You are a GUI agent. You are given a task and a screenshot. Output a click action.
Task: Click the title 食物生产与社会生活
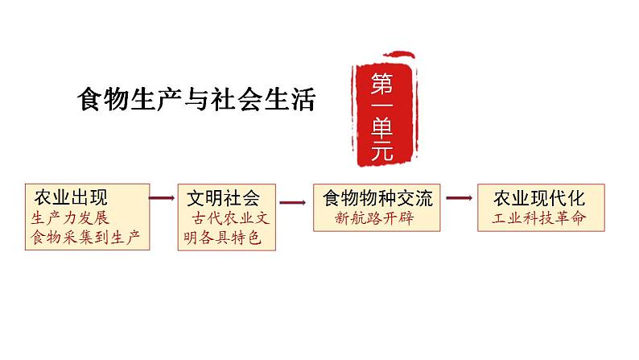click(196, 99)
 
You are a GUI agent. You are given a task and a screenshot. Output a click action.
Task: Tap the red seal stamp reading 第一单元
click(384, 110)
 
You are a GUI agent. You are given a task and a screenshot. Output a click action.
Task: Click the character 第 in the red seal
click(381, 84)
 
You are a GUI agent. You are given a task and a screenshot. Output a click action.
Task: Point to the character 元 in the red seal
click(382, 151)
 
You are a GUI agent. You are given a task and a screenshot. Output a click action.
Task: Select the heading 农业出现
click(71, 198)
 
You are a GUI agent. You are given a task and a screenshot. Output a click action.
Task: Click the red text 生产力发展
click(70, 218)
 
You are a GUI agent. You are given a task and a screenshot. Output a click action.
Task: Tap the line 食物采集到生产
click(85, 237)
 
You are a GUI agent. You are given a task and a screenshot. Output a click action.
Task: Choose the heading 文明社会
click(223, 199)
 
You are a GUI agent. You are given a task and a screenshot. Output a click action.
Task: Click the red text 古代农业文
click(231, 218)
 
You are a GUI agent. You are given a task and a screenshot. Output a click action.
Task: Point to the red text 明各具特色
click(222, 238)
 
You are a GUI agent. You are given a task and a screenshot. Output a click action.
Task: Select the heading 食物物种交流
click(377, 199)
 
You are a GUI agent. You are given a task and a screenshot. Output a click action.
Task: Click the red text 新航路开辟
click(374, 218)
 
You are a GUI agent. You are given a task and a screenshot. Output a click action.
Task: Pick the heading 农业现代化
click(539, 199)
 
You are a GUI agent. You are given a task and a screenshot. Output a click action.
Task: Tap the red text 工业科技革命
click(538, 218)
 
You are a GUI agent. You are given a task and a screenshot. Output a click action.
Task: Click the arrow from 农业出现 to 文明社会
click(162, 198)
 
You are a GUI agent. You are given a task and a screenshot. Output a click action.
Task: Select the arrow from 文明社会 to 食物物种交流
click(293, 203)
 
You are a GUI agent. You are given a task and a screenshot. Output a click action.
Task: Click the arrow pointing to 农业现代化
click(460, 198)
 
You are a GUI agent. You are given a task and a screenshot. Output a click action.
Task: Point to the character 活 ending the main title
click(303, 99)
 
